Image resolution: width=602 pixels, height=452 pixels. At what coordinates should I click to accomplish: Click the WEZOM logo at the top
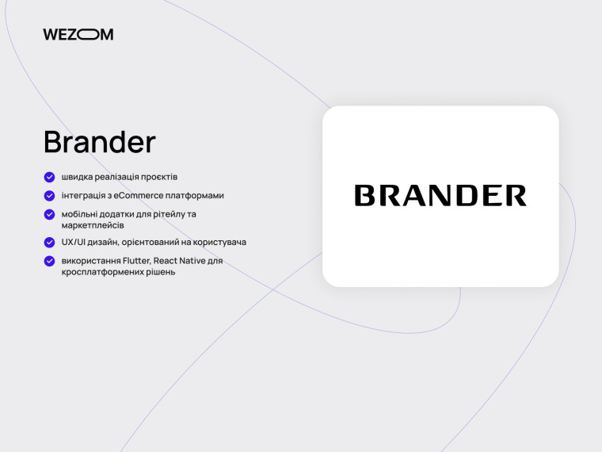click(x=78, y=34)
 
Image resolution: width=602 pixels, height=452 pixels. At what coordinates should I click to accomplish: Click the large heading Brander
click(x=100, y=142)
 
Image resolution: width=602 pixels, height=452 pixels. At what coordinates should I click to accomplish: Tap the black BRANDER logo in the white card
click(x=440, y=196)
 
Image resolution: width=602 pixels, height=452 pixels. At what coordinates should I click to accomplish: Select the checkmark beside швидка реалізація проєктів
click(x=49, y=177)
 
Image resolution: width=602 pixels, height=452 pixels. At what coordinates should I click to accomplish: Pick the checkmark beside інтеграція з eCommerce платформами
click(x=49, y=195)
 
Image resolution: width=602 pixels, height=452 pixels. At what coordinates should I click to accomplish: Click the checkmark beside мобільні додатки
click(x=49, y=214)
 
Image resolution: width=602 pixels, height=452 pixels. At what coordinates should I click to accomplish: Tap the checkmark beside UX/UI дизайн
click(x=49, y=242)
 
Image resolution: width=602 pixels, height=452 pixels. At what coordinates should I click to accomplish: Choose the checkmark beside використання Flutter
click(x=49, y=260)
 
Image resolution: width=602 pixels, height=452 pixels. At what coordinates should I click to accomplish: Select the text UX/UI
click(x=74, y=242)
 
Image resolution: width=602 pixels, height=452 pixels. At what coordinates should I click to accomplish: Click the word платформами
click(x=198, y=195)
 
